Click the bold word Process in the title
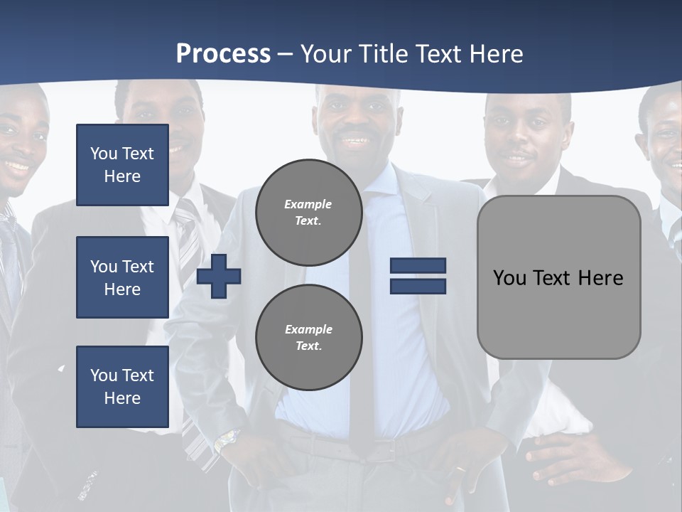223,53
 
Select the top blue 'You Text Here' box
122,165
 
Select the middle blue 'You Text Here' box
122,277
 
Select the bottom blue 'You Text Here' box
122,387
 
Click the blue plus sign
219,276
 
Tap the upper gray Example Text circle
308,213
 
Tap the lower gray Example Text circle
308,337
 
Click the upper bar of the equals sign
418,266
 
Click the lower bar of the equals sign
418,286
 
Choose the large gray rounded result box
558,277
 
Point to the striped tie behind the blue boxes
188,235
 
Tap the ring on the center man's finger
461,470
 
